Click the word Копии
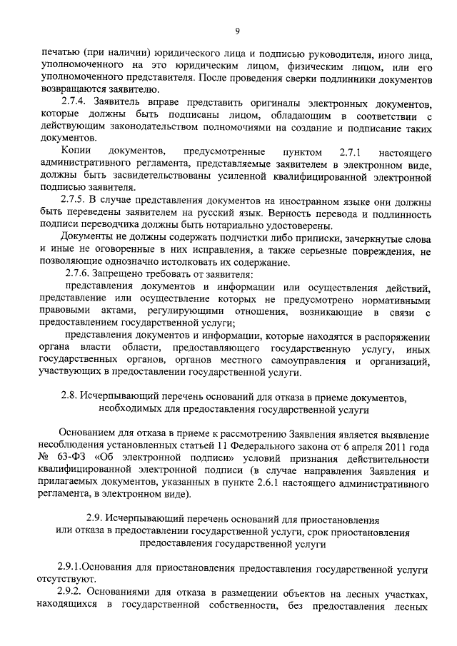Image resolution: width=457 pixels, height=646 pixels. tap(76, 152)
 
